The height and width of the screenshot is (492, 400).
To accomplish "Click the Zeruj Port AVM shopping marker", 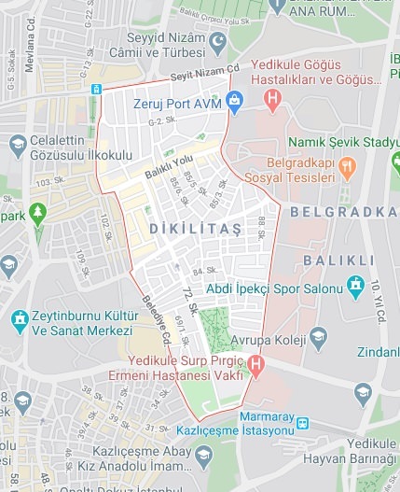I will [234, 102].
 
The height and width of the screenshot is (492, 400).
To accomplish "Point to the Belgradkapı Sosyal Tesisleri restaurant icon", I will [346, 168].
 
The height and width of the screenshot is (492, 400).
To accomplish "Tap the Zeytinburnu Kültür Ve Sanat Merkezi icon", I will [20, 322].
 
